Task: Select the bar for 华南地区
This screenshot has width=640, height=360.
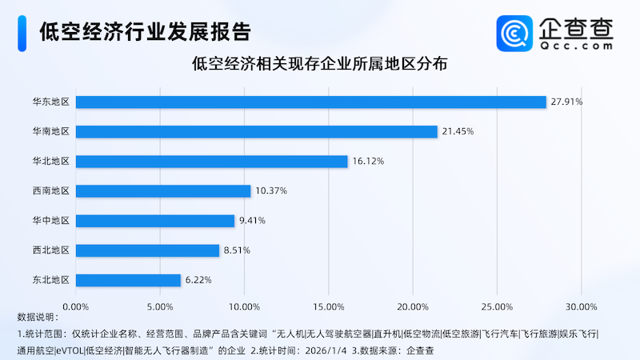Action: (256, 131)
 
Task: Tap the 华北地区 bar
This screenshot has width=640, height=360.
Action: (211, 161)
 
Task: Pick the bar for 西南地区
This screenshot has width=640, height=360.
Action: (163, 190)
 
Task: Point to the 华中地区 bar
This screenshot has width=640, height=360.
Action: (155, 220)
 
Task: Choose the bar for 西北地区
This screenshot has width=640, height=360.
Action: (147, 250)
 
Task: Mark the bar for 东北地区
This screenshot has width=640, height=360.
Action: (128, 280)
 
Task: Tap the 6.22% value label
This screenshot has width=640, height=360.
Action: (200, 280)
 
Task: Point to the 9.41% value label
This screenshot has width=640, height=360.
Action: (254, 220)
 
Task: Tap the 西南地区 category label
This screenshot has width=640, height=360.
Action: (50, 190)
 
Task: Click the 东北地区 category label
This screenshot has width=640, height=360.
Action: (50, 280)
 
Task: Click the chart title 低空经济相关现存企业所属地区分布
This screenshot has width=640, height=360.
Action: (320, 63)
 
